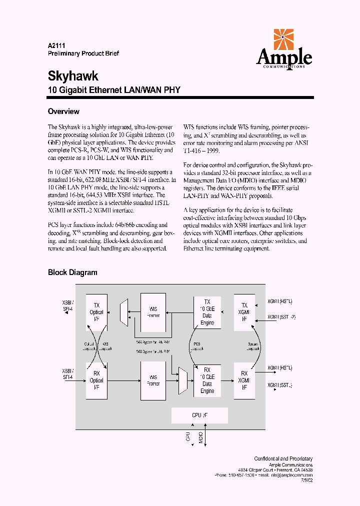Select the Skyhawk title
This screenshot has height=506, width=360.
point(73,76)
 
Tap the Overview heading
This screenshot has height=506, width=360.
point(63,111)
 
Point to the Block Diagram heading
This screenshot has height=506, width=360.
point(72,272)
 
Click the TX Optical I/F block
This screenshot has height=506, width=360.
point(96,312)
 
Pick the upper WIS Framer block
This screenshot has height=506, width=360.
point(153,312)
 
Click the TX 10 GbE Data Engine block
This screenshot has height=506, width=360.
point(207,312)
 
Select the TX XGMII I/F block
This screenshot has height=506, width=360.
point(244,312)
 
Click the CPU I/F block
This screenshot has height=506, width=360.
point(199,415)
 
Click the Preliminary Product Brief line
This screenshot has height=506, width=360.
point(83,53)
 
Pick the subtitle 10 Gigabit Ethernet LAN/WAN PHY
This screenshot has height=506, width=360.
point(113,90)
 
